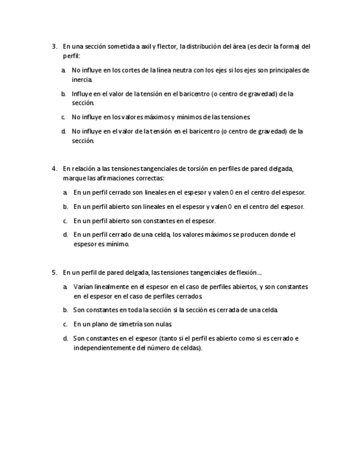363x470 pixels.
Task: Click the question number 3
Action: point(54,47)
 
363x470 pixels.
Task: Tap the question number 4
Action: point(54,169)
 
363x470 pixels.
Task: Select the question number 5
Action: point(54,273)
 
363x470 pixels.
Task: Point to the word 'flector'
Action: point(165,47)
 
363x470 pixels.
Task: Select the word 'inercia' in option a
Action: point(82,80)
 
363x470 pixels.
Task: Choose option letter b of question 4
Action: point(65,207)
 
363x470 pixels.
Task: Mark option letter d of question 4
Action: point(65,235)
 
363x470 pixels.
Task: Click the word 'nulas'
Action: point(165,324)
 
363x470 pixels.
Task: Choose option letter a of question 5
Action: point(65,287)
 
